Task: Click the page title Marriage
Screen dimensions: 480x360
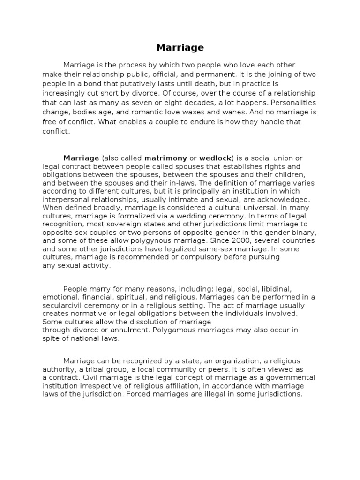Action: click(x=180, y=48)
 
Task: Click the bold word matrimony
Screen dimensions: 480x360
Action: click(x=165, y=158)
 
